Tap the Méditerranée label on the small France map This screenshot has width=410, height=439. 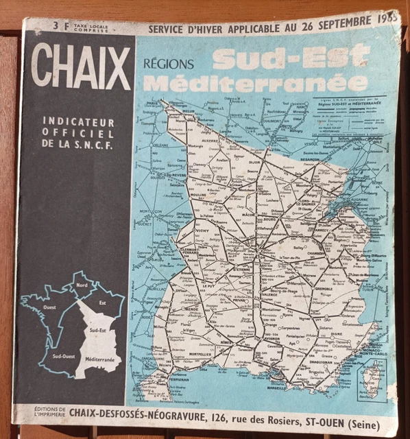click(x=101, y=359)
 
